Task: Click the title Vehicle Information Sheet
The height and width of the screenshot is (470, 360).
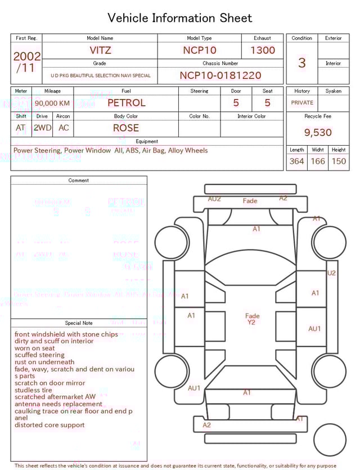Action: pos(180,18)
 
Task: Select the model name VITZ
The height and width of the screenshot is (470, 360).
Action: pos(100,50)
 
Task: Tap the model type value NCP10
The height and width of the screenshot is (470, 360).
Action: pos(199,50)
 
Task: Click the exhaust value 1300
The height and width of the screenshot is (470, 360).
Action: pos(263,50)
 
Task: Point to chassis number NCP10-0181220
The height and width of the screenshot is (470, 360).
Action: pos(220,75)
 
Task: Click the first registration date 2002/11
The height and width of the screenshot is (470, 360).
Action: pos(26,62)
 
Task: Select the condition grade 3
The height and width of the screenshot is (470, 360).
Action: pos(302,62)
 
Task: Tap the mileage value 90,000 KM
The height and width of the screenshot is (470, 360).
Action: pos(52,103)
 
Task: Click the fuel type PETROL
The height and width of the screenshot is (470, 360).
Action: pos(126,102)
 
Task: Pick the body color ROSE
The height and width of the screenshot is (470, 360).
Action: pos(126,128)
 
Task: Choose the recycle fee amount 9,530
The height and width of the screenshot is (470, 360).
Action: pos(318,132)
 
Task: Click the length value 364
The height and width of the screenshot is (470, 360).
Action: pos(296,162)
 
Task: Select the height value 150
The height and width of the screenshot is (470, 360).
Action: pos(339,162)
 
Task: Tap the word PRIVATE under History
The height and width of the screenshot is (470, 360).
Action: pos(302,102)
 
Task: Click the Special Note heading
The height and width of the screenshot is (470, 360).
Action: pos(79,323)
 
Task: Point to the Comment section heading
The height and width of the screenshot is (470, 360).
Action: pos(79,180)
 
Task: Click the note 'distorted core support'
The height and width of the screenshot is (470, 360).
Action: pos(49,425)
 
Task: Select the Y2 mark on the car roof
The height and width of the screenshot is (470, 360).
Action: pos(251,323)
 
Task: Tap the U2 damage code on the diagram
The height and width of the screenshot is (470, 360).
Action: pos(331,273)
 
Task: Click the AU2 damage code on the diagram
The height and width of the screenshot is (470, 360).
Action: pos(214,199)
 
